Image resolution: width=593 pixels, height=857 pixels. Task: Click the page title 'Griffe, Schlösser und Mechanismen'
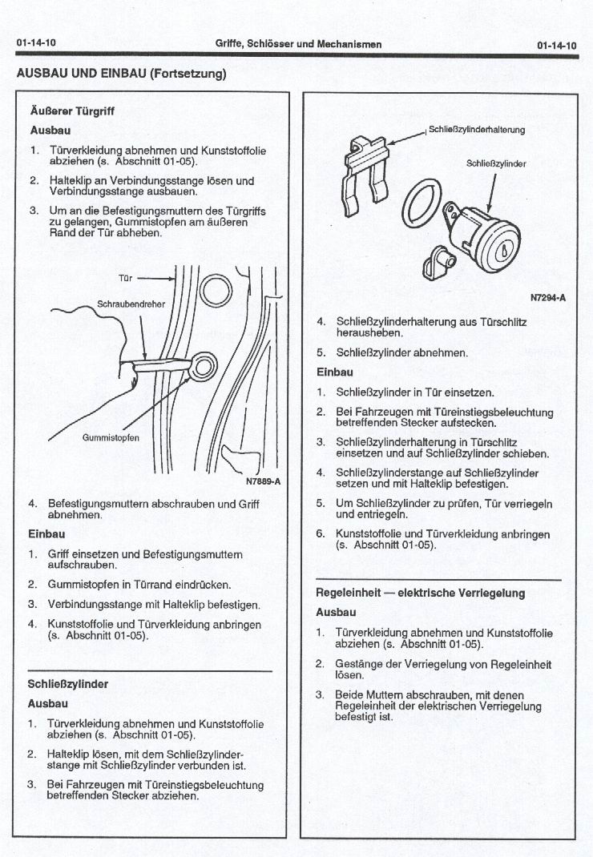298,44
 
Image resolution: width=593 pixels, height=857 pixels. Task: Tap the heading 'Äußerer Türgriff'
71,111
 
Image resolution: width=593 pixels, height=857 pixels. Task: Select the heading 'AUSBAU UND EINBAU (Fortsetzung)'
121,74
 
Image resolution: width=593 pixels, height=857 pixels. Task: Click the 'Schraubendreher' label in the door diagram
129,305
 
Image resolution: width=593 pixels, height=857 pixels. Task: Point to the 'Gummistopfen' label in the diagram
111,438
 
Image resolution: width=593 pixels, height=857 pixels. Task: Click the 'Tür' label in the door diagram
125,279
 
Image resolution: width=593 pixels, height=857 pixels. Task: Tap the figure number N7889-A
262,482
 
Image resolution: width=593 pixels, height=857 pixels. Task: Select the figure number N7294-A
548,298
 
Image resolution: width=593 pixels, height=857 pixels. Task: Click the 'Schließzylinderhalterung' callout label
477,129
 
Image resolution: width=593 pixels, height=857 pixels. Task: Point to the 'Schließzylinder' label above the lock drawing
496,164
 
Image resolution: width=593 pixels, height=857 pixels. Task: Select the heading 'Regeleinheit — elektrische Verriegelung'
420,593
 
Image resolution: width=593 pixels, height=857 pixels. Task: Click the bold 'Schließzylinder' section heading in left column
67,684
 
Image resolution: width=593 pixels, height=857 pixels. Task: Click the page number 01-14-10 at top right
557,46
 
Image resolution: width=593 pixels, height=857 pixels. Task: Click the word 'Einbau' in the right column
335,372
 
